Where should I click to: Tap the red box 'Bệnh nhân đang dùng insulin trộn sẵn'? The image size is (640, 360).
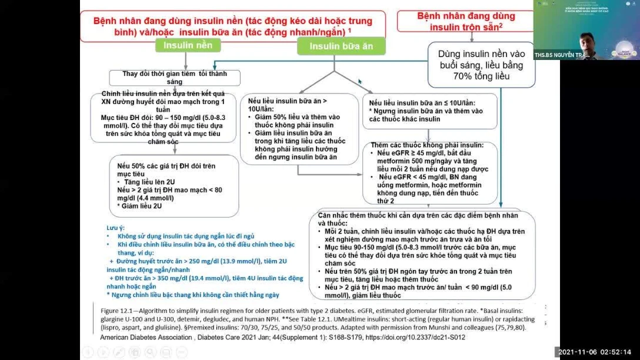point(465,21)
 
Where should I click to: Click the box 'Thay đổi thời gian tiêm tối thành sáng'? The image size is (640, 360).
point(174,78)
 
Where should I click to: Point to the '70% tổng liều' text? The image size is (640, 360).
point(481,76)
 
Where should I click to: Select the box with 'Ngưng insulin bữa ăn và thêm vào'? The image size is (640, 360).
point(429,111)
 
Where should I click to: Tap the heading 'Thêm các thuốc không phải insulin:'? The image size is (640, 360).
point(427,145)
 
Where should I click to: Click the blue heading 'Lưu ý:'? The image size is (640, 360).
point(116,227)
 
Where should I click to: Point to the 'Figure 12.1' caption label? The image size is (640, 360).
point(118,310)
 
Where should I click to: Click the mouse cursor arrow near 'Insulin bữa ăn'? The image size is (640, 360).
point(360,82)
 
